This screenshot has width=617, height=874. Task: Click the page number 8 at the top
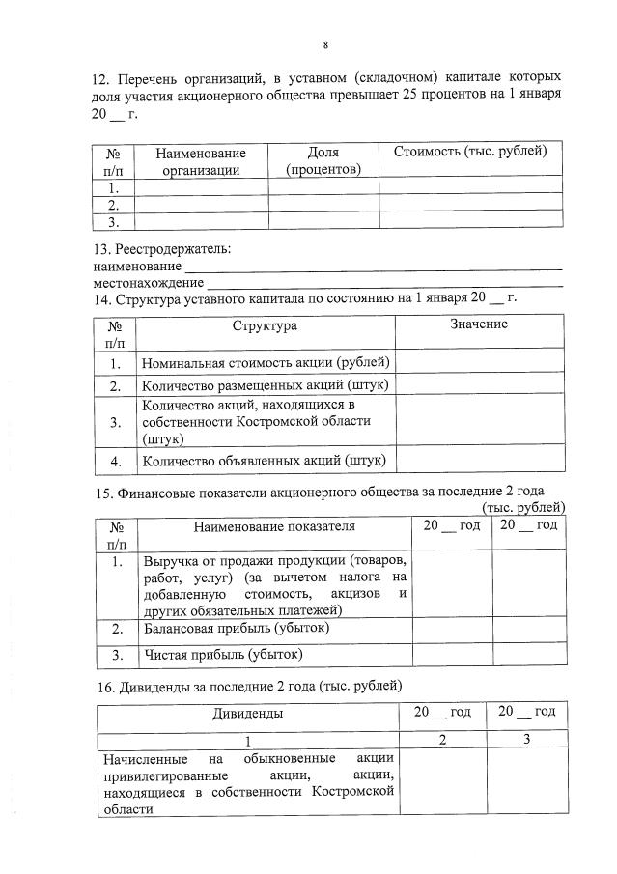point(325,44)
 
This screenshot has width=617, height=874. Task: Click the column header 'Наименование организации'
point(201,161)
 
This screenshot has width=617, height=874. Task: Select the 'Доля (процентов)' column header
point(323,161)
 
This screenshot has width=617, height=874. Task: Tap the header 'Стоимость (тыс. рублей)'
point(470,152)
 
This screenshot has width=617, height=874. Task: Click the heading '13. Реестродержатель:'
point(162,249)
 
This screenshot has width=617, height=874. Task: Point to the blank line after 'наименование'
point(373,267)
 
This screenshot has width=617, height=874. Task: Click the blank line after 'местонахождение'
point(384,283)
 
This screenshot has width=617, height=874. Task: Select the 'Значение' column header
point(478,324)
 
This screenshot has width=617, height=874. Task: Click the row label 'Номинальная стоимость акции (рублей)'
point(265,363)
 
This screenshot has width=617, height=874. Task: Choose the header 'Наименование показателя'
point(274,526)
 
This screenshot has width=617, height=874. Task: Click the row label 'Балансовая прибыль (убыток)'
point(237,628)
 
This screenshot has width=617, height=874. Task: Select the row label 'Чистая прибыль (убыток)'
point(223,655)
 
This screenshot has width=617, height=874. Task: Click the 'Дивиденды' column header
point(247,713)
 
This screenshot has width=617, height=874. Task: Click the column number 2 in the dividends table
point(442,739)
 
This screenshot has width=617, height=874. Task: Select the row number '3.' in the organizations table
point(113,222)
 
